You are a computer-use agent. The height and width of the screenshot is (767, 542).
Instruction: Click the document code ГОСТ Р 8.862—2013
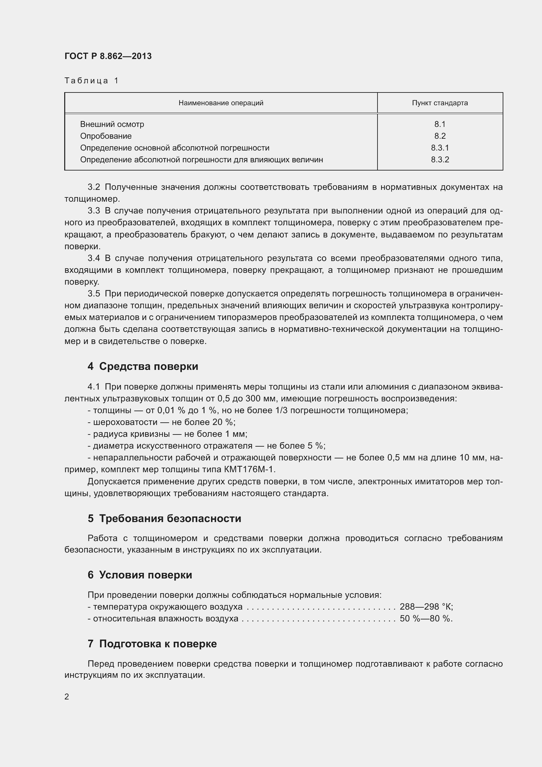point(108,56)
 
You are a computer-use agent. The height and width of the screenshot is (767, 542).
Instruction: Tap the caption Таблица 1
point(91,81)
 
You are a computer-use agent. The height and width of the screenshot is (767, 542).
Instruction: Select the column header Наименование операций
point(221,103)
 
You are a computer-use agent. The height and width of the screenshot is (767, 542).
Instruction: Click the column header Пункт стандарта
point(439,103)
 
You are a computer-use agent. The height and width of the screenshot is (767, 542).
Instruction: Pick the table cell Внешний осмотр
point(112,124)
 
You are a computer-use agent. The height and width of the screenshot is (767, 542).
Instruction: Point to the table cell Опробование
point(106,136)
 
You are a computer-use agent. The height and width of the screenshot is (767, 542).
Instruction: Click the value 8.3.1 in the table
point(439,148)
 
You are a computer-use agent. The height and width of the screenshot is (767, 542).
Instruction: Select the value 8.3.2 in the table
point(439,160)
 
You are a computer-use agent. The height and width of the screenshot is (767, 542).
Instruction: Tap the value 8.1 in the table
point(439,124)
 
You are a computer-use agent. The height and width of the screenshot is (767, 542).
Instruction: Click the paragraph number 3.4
point(94,258)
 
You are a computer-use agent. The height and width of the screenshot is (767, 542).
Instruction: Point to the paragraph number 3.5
point(94,293)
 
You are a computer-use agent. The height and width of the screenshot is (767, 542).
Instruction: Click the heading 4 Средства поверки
point(143,367)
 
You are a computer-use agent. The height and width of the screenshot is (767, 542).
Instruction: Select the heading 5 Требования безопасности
point(164,518)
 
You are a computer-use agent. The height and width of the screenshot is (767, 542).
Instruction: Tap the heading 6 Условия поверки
point(140,575)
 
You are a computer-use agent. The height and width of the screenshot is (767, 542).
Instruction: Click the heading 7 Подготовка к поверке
point(152,644)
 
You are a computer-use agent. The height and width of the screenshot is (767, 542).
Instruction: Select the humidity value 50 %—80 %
point(426,619)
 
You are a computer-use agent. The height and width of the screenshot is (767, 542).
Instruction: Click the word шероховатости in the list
point(125,422)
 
